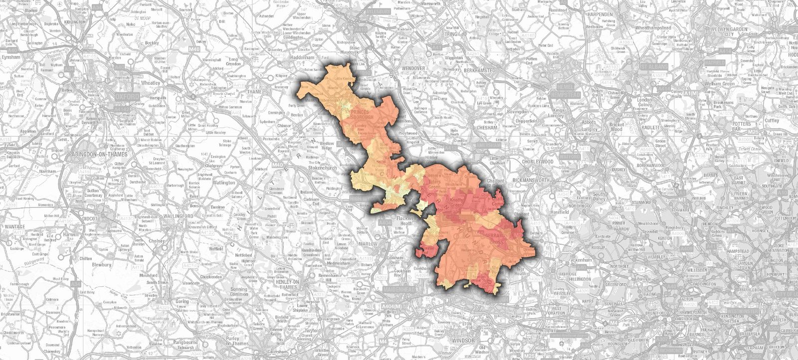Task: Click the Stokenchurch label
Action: [x=323, y=168]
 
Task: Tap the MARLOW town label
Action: [x=368, y=244]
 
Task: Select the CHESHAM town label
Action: [x=486, y=128]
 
